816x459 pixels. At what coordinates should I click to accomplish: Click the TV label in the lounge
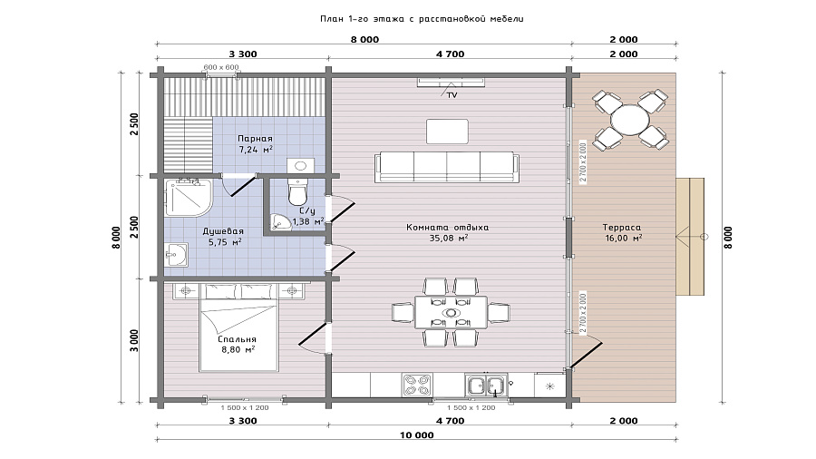(452, 95)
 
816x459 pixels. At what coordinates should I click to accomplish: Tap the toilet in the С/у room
(298, 191)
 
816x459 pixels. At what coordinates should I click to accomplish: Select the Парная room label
(255, 139)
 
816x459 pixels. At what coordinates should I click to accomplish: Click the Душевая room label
(223, 231)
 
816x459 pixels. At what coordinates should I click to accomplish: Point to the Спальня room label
(237, 339)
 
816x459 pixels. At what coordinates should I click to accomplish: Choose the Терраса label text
(622, 228)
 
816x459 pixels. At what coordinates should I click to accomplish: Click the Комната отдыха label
(448, 228)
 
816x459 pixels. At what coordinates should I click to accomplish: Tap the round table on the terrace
(630, 121)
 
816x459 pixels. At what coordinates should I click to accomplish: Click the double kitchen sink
(486, 386)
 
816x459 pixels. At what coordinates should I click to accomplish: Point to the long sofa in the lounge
(447, 167)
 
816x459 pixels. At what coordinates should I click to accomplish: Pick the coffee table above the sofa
(447, 132)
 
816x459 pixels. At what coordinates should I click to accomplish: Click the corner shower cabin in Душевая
(189, 198)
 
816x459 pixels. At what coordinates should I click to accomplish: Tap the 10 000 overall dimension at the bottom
(416, 435)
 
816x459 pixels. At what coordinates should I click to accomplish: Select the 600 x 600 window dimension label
(221, 67)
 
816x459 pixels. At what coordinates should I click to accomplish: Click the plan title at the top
(422, 19)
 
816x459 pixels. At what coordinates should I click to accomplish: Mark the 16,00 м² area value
(624, 239)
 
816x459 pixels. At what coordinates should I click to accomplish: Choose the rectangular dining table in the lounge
(452, 312)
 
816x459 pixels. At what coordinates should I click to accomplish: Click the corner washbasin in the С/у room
(280, 222)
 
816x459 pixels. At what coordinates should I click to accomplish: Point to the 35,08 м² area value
(448, 239)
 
